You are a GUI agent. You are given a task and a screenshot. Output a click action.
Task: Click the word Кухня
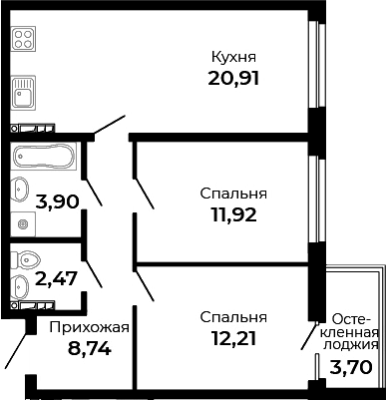(234, 57)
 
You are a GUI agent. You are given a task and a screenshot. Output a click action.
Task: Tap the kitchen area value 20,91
(234, 78)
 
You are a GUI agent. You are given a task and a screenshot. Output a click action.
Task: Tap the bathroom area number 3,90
(58, 200)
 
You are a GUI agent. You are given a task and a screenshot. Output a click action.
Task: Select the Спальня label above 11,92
(233, 193)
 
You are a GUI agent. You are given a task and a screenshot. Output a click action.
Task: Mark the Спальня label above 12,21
(233, 317)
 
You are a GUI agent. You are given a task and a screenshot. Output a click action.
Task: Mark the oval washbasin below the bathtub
(21, 188)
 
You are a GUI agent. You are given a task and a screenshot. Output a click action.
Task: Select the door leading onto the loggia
(310, 334)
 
